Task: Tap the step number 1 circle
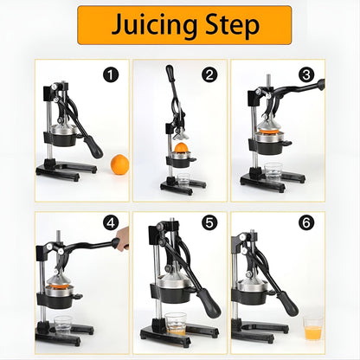tap(111, 75)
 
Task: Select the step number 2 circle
tap(209, 75)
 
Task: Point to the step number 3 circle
tap(306, 75)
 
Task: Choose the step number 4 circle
tap(111, 222)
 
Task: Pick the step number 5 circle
tap(209, 222)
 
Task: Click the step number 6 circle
tap(306, 222)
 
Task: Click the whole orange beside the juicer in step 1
tap(119, 164)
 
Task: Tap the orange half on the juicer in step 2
tap(182, 147)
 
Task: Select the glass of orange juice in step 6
tap(313, 329)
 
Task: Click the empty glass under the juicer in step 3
tap(273, 172)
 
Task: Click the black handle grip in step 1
tap(93, 147)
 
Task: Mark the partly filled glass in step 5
tap(176, 324)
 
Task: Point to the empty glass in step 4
tap(63, 325)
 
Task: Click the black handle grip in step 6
tap(287, 303)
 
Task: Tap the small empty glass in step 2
tap(183, 181)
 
